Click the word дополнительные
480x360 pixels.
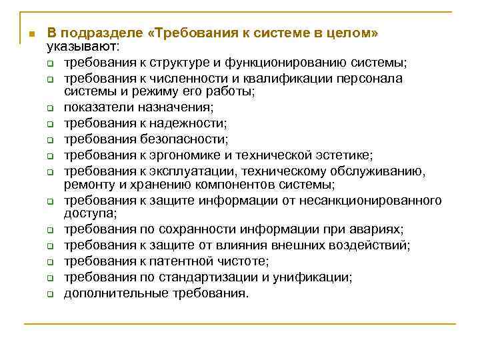click(x=110, y=293)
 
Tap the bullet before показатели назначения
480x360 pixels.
click(x=50, y=107)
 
